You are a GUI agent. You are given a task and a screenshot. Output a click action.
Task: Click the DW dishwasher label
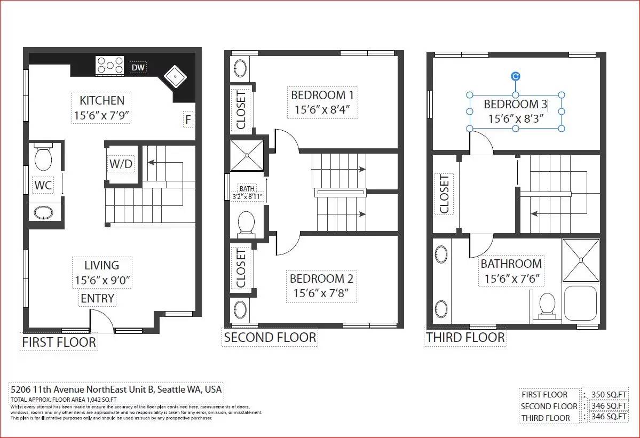(x=138, y=67)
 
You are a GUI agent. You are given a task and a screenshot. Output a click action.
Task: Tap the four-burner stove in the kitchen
(x=110, y=66)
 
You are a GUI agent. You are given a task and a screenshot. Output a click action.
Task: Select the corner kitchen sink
(x=175, y=76)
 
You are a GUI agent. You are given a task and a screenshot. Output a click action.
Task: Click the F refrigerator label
(x=188, y=120)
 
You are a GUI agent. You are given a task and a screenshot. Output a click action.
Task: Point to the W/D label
(x=121, y=164)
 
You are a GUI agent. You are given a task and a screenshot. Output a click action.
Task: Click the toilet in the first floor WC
(x=43, y=157)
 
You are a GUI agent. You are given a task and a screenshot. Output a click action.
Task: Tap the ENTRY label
(x=97, y=299)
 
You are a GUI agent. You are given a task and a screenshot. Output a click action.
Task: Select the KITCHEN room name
(x=101, y=100)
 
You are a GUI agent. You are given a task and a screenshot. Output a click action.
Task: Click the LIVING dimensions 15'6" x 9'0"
(x=102, y=281)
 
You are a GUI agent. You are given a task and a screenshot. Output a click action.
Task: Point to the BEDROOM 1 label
(x=322, y=95)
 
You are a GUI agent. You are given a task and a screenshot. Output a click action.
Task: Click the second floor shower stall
(x=247, y=155)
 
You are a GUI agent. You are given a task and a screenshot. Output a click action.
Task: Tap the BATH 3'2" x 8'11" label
(x=247, y=193)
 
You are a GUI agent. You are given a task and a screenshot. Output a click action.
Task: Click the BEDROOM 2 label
(x=321, y=278)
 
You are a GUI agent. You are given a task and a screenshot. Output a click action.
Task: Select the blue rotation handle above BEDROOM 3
(x=516, y=76)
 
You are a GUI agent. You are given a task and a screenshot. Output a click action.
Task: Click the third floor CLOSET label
(x=445, y=194)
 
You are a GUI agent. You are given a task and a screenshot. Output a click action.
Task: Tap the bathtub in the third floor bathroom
(x=580, y=302)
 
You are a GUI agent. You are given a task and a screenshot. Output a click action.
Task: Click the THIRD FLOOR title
(x=465, y=338)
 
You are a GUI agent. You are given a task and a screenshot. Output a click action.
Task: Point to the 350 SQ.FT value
(x=609, y=394)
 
